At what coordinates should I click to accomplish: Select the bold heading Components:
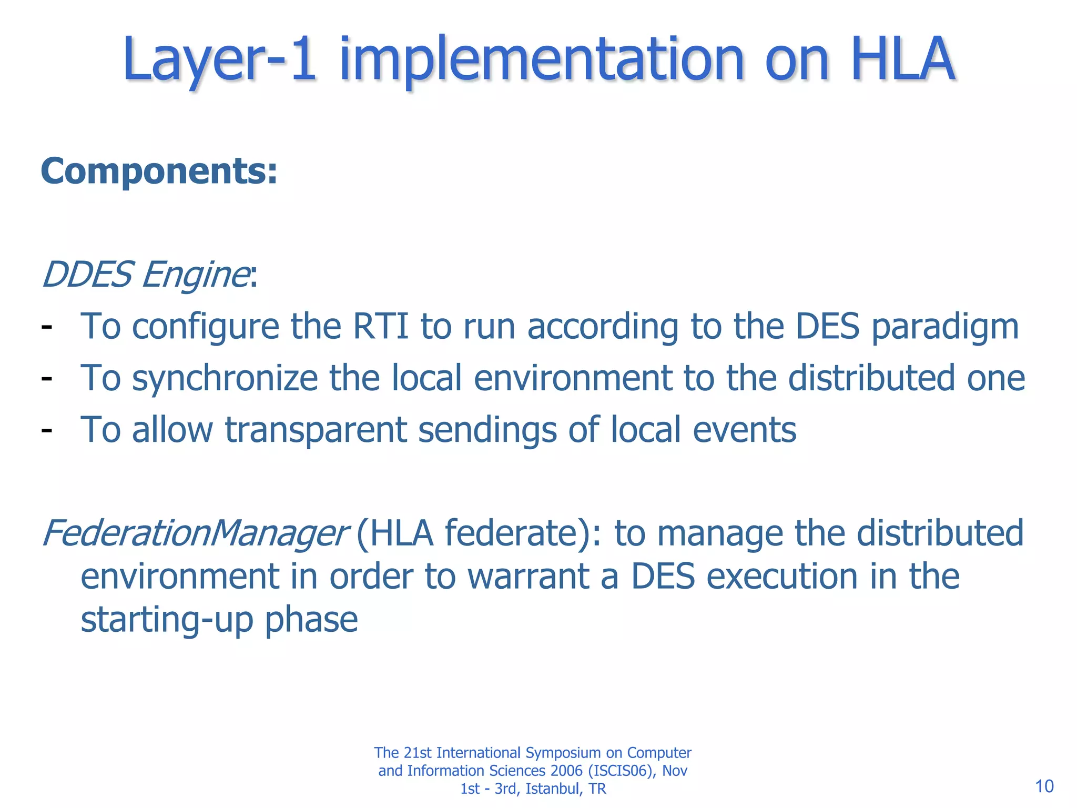(x=159, y=171)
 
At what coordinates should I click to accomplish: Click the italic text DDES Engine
(x=145, y=275)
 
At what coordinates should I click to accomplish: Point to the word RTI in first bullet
(x=381, y=326)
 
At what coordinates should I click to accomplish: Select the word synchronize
(x=225, y=379)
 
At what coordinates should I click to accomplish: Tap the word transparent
(x=316, y=430)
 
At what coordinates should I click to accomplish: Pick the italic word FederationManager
(x=194, y=533)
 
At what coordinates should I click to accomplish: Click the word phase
(x=311, y=620)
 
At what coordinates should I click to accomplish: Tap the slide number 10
(x=1044, y=786)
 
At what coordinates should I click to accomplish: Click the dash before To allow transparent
(x=47, y=430)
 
